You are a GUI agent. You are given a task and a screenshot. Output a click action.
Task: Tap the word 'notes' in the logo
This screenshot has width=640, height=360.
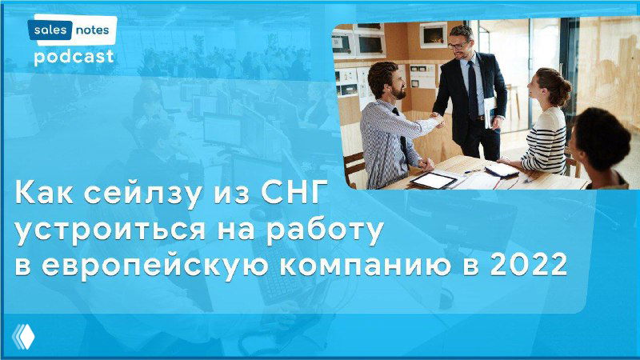95,30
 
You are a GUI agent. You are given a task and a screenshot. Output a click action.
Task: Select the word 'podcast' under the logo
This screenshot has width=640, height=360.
74,57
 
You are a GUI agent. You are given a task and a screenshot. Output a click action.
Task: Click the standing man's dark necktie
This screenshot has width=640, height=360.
473,88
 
